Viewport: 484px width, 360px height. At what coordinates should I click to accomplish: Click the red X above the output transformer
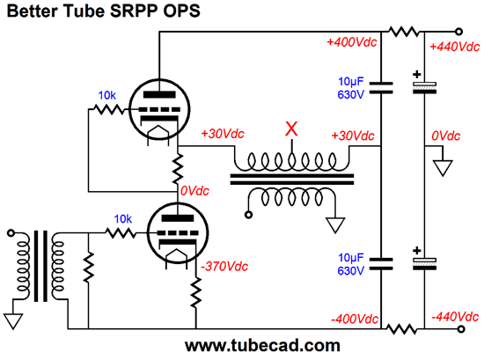coord(291,129)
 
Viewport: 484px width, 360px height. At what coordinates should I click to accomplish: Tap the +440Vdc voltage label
coord(455,47)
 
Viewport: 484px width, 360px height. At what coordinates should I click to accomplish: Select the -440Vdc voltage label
coord(455,317)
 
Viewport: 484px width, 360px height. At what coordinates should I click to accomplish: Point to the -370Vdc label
coord(224,266)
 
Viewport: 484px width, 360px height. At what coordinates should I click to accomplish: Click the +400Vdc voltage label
coord(352,42)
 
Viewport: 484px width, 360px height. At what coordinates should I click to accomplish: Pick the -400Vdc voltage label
coord(355,319)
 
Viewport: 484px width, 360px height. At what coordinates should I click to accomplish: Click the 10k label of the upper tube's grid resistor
coord(106,95)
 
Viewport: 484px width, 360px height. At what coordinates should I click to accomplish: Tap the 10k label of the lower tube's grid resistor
coord(123,219)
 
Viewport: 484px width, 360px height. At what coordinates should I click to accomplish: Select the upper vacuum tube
coord(159,110)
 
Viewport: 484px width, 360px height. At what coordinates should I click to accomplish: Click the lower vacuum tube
coord(178,233)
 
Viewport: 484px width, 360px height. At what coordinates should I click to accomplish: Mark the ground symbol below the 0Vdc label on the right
coord(443,167)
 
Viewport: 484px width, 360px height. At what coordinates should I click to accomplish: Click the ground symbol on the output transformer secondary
coord(335,225)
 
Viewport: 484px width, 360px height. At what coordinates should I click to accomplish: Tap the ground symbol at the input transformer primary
coord(13,321)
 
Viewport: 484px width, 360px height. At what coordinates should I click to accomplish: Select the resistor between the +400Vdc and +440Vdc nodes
coord(403,32)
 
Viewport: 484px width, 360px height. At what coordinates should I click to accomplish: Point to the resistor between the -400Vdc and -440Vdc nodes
coord(402,329)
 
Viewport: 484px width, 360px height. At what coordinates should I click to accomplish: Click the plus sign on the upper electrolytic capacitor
coord(417,75)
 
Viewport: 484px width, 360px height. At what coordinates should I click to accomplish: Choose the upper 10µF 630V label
coord(351,88)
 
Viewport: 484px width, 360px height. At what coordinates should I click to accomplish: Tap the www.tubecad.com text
coord(263,346)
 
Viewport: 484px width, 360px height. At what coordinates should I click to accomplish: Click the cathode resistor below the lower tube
coord(195,292)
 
